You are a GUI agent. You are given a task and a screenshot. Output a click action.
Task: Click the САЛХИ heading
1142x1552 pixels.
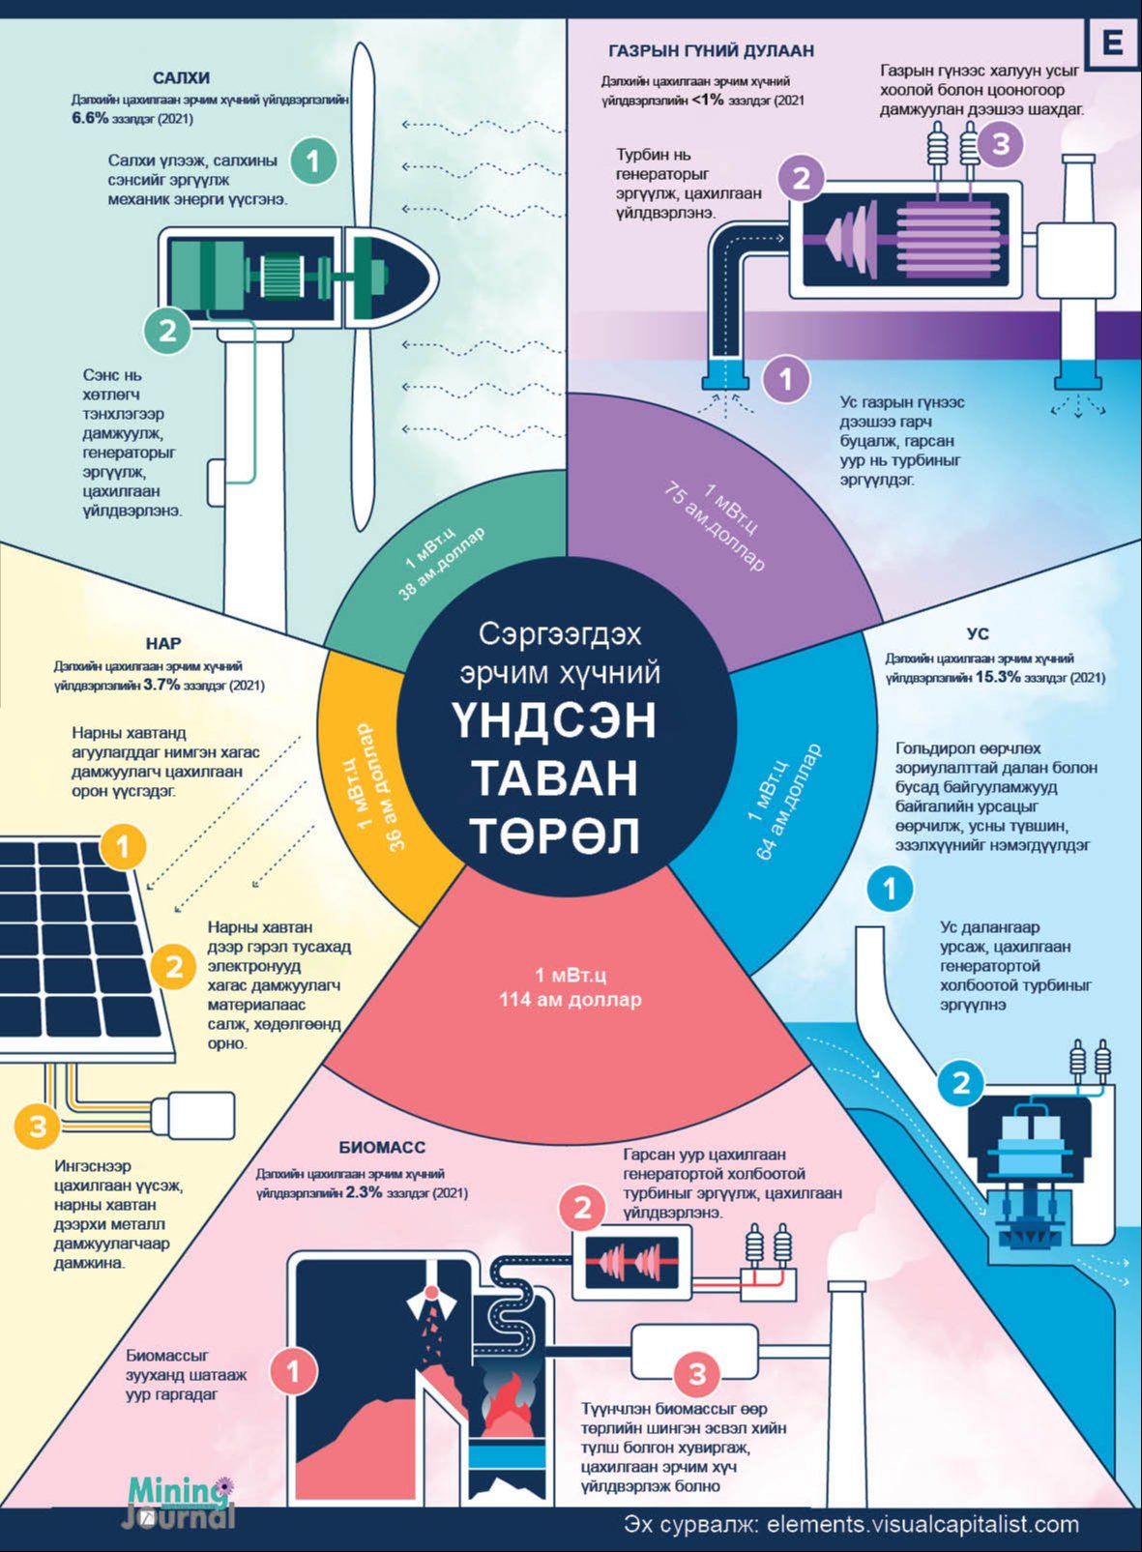pos(182,77)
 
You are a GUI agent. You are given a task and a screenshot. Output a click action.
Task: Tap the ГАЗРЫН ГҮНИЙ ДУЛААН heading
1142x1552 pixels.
pos(711,50)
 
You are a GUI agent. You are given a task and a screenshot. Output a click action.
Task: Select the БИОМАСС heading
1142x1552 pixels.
pos(382,1148)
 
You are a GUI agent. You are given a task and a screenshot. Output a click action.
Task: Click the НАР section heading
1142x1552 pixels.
pos(163,644)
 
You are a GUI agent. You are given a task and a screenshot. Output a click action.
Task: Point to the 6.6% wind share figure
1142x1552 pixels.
pos(91,118)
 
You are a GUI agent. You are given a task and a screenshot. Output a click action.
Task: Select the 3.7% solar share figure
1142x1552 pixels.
pos(161,685)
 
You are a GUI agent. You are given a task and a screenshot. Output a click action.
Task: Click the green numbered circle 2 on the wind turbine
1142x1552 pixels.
pos(167,330)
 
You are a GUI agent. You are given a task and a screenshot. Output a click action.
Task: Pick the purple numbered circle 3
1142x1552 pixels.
pos(1002,145)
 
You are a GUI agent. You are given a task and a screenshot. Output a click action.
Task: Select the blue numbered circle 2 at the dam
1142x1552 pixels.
pos(962,1083)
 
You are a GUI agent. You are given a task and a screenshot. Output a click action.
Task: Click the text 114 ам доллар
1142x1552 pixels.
pos(571,1000)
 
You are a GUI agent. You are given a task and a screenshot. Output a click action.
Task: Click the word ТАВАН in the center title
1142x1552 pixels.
pos(555,777)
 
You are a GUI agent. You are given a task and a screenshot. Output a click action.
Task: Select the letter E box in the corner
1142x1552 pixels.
pos(1113,43)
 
